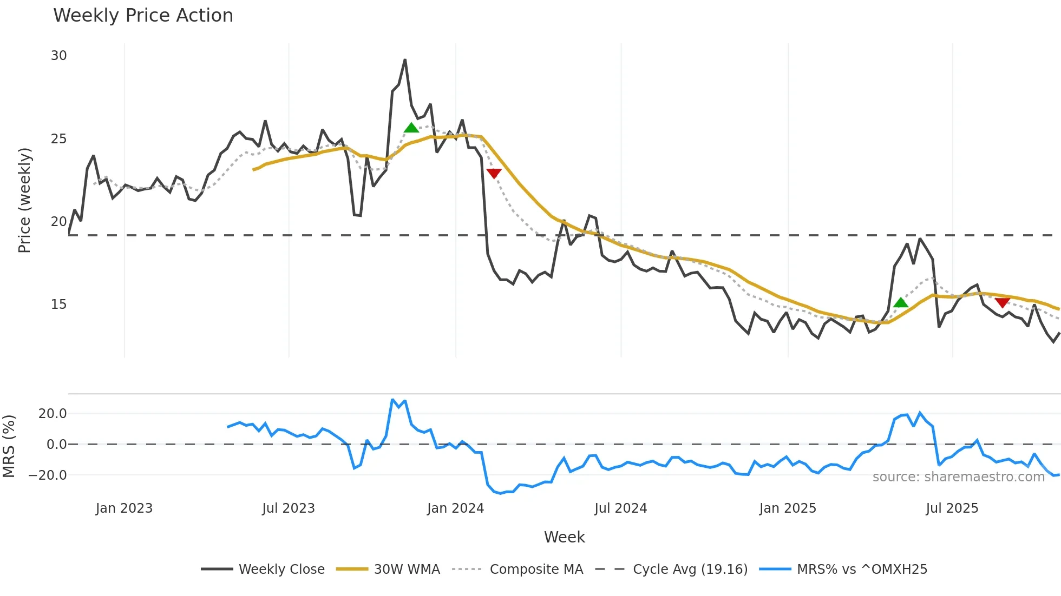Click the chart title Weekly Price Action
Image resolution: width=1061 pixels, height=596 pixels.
(x=143, y=16)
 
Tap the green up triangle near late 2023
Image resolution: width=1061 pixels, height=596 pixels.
(x=411, y=128)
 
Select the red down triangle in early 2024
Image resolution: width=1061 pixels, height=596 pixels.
(x=494, y=173)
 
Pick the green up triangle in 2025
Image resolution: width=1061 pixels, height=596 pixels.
(x=901, y=302)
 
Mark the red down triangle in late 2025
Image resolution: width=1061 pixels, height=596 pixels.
(x=1002, y=302)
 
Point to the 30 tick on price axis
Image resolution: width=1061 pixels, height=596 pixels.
(x=59, y=56)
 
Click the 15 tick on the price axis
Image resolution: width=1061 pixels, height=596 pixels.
(x=59, y=304)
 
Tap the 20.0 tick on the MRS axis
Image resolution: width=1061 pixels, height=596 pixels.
(x=53, y=414)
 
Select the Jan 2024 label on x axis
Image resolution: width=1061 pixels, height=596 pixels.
(x=455, y=508)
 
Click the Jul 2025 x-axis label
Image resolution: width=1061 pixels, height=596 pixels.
(x=952, y=508)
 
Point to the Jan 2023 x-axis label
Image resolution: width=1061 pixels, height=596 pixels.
(x=124, y=508)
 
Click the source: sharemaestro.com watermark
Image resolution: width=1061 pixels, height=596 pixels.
(x=958, y=477)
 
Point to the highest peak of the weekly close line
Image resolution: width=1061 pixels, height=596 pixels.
(x=405, y=60)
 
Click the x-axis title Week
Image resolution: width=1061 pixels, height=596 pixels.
(x=564, y=537)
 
